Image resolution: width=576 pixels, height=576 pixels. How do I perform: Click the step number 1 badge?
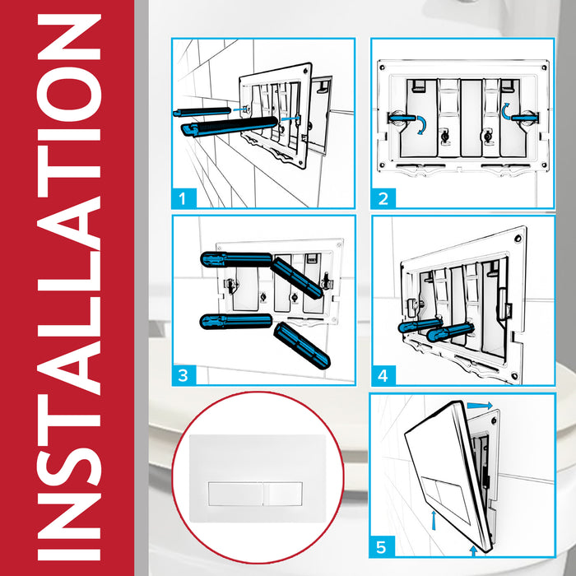(186, 197)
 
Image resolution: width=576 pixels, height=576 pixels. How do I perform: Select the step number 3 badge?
(186, 375)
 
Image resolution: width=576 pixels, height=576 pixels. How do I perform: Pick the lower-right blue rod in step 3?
(302, 345)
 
